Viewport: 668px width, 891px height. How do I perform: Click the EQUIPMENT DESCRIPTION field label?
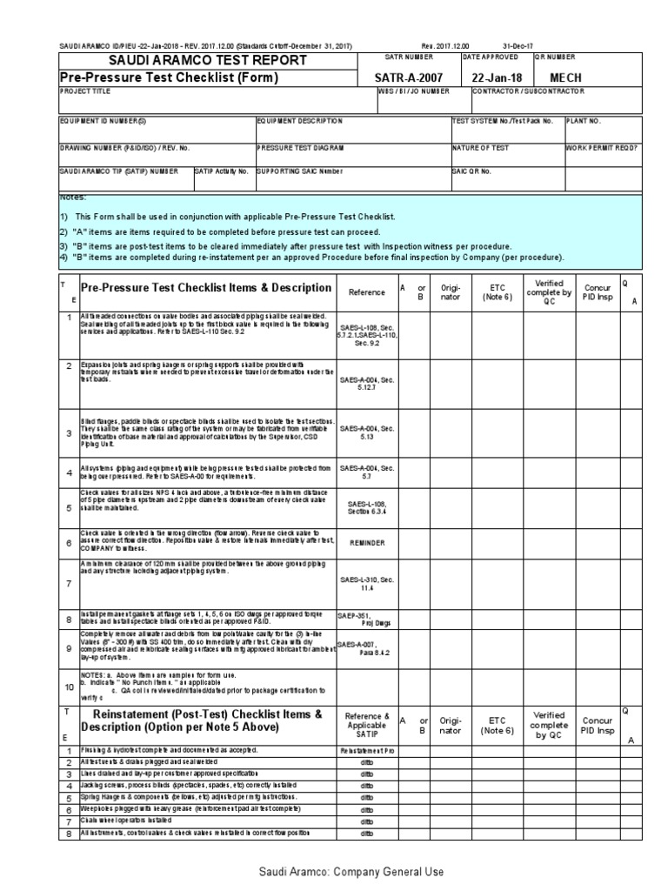click(294, 121)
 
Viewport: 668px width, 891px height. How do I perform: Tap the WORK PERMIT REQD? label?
click(614, 148)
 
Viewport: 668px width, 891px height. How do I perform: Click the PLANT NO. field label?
click(584, 121)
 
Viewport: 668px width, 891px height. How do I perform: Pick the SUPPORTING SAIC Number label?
click(300, 171)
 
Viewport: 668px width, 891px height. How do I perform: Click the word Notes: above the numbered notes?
click(74, 198)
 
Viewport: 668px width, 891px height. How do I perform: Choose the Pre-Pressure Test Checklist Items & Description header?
click(205, 288)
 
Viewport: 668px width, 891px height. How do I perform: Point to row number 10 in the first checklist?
click(68, 687)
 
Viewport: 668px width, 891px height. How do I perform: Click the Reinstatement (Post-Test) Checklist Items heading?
click(207, 721)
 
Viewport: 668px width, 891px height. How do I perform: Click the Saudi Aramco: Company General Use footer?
click(334, 871)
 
